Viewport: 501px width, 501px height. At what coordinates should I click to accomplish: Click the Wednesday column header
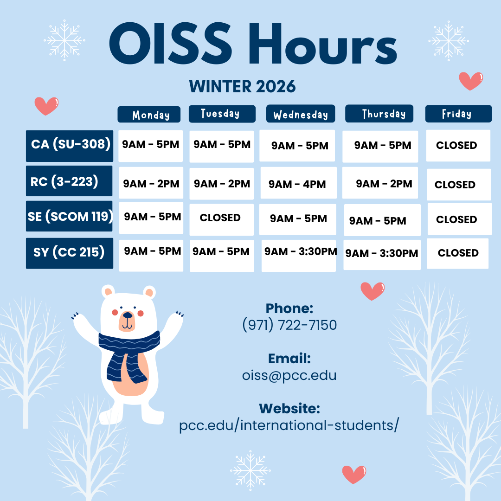click(301, 114)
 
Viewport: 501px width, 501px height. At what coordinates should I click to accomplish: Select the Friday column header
click(458, 114)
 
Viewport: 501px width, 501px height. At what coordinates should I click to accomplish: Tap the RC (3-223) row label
click(69, 181)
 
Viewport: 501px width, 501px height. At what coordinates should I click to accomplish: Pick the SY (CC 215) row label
click(69, 253)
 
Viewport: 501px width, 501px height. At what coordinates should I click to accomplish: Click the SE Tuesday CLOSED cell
click(221, 219)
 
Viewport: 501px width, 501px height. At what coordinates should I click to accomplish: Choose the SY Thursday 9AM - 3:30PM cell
click(382, 255)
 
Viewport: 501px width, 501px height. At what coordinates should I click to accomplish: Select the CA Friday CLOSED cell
click(458, 145)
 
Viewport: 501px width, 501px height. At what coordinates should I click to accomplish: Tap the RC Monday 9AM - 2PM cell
click(151, 183)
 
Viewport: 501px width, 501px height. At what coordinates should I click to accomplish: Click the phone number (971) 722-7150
click(289, 325)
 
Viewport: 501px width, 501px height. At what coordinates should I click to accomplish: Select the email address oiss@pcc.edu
click(289, 375)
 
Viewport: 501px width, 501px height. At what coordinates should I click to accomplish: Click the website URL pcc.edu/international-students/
click(289, 425)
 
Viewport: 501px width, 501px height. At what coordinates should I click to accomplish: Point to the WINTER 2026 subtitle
click(242, 86)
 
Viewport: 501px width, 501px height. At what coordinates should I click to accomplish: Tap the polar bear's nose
click(128, 315)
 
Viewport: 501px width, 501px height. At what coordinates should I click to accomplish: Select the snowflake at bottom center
click(250, 471)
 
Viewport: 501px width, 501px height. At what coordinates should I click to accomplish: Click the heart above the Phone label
click(373, 291)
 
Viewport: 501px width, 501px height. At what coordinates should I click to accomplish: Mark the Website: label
click(289, 408)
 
